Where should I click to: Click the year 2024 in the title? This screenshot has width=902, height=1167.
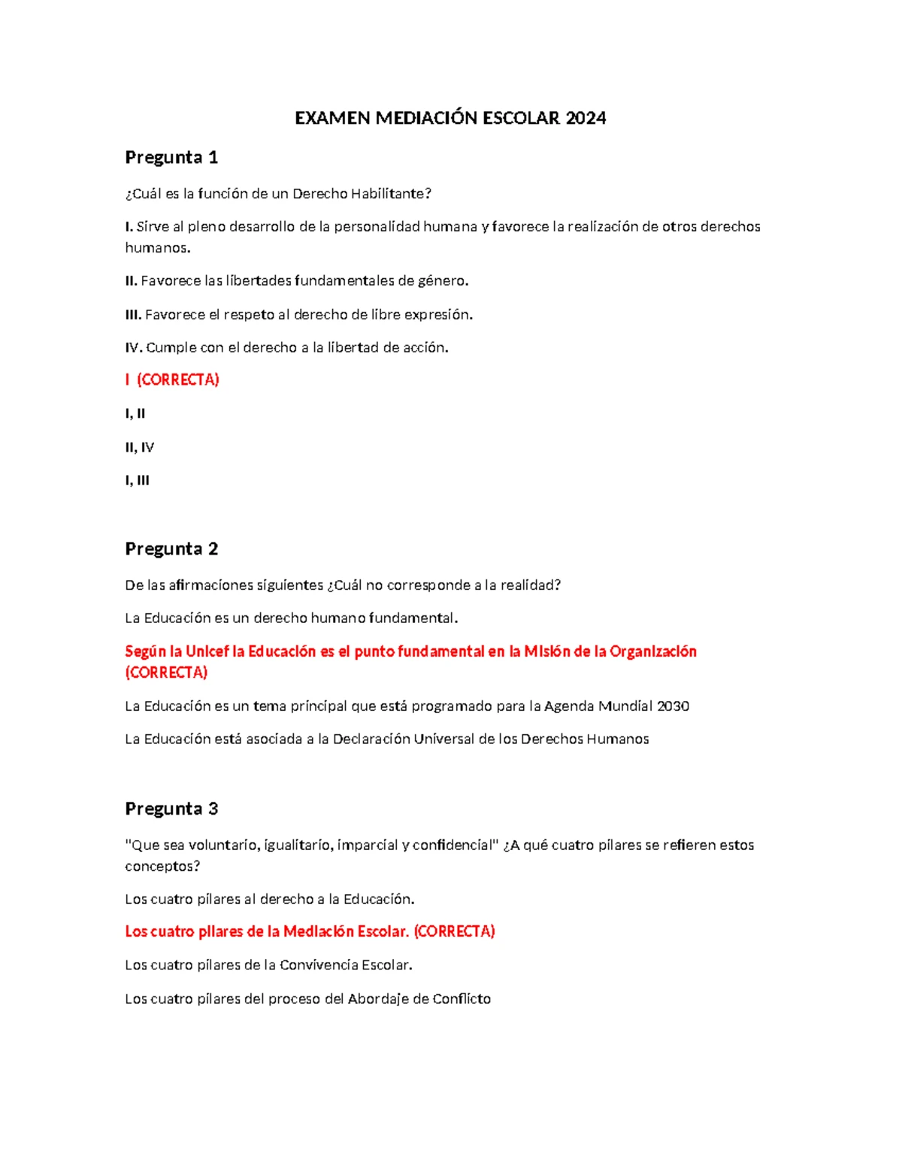(x=586, y=118)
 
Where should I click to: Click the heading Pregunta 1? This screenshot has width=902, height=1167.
(x=171, y=157)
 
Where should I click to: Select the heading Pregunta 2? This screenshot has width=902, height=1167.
(x=171, y=549)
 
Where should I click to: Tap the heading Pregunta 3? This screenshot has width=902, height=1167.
(x=171, y=809)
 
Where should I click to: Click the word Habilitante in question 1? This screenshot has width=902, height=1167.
(x=391, y=194)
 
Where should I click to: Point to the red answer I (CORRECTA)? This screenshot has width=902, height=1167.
(x=172, y=379)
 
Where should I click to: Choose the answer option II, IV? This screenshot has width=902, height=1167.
(x=139, y=447)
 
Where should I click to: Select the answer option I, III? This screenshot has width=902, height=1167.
(x=137, y=480)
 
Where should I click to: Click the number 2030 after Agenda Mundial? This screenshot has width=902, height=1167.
(x=673, y=706)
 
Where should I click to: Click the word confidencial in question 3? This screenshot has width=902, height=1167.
(x=456, y=845)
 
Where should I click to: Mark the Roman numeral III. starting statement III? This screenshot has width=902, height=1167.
(x=133, y=315)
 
